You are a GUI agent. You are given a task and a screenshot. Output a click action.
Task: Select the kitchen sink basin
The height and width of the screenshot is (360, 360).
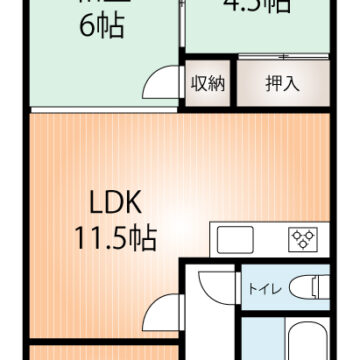pyautogui.click(x=234, y=240)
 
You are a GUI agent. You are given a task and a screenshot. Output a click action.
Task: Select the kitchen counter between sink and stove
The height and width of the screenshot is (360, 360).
pyautogui.click(x=268, y=240)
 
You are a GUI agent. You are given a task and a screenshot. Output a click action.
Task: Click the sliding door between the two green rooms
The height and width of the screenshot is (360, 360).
pyautogui.click(x=181, y=30)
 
